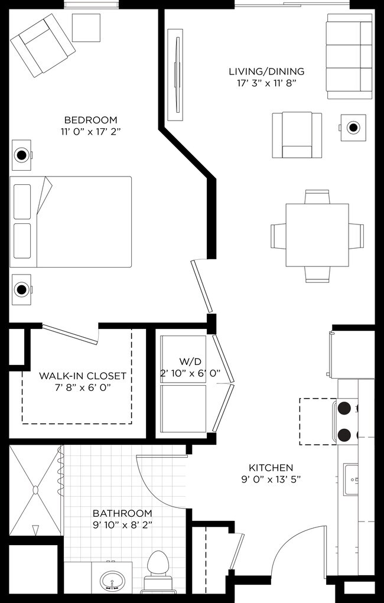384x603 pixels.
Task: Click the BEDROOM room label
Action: pos(90,120)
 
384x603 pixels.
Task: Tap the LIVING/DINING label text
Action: pos(266,72)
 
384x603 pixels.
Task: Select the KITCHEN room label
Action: pos(271,467)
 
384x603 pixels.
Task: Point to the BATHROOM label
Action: pos(122,513)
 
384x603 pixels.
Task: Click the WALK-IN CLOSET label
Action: pos(83,376)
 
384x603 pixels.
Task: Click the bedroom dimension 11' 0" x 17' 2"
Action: pos(90,131)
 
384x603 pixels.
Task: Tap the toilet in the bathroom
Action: pos(158,566)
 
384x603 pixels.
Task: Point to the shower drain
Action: pos(35,490)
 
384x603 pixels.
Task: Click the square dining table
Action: pos(317,234)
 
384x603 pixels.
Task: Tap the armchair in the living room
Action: pos(297,135)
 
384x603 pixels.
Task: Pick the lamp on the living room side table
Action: pos(353,127)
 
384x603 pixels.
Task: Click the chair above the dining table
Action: pos(317,197)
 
